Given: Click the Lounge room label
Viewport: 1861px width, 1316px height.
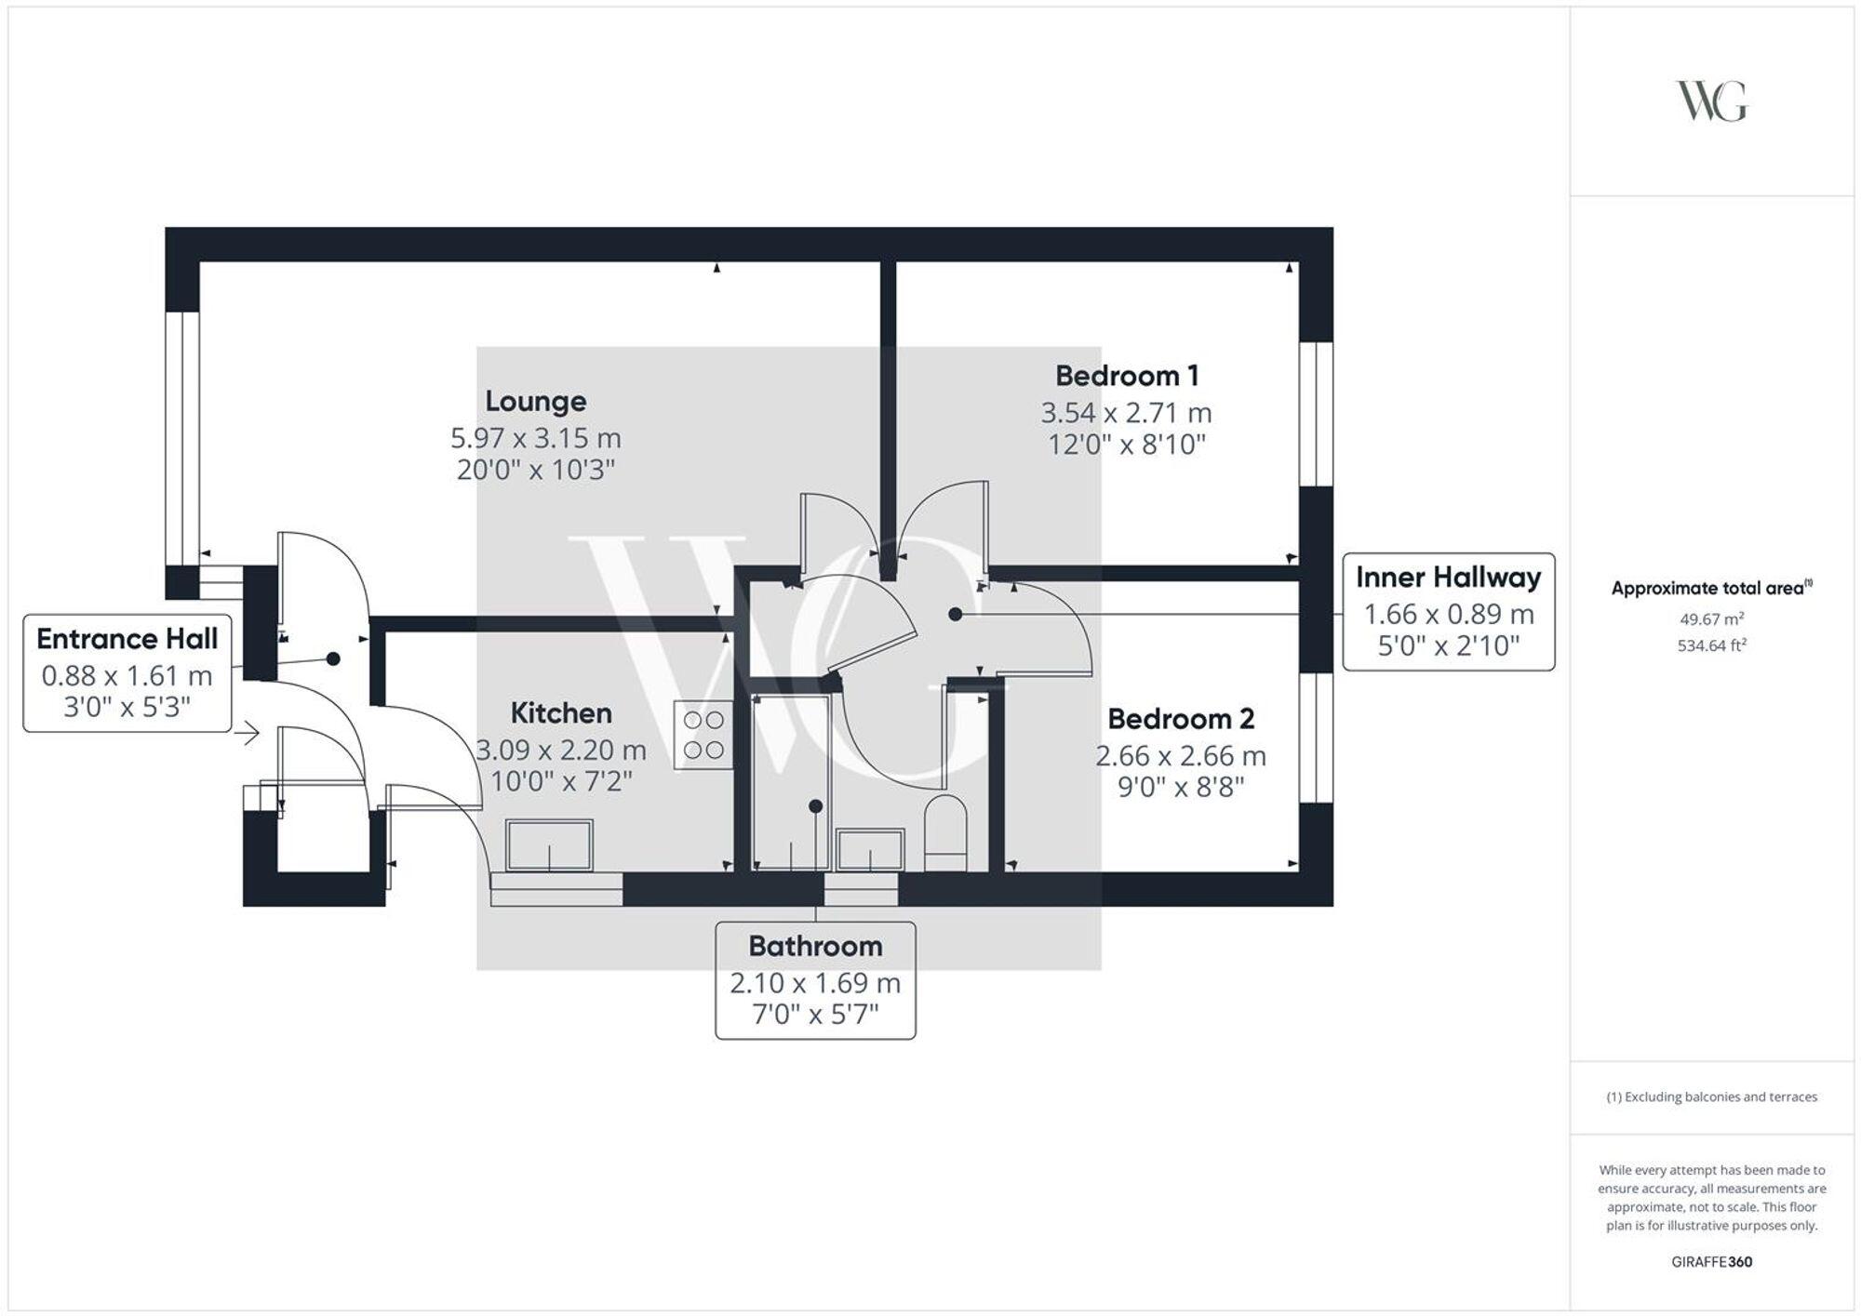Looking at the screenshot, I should coord(535,401).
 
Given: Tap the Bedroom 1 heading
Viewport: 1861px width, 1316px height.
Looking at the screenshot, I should coord(1126,376).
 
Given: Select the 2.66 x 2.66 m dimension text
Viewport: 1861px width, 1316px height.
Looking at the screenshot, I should coord(1180,755).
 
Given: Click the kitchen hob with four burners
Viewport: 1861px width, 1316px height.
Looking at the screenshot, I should coord(703,735).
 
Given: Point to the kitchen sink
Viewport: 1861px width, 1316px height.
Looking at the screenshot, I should coord(549,844).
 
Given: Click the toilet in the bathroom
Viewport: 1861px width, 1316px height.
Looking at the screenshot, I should coord(946,832).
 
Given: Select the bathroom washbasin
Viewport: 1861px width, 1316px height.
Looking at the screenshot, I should coord(870,849).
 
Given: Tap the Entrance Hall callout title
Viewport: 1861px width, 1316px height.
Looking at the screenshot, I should coord(127,639).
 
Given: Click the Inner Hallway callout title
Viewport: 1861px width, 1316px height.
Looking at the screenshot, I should coord(1448,578).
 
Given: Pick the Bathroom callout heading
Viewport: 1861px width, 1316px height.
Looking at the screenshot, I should coord(815,946).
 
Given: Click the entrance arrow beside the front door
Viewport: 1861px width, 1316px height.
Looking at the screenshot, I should coord(247,734).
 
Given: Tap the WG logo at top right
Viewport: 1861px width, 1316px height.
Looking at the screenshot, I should coord(1711,101).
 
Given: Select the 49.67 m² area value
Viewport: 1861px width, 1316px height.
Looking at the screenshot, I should coord(1711,618).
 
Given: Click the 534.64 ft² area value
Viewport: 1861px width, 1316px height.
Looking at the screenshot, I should coord(1711,645).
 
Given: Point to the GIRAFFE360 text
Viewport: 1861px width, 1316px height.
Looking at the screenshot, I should coord(1711,1262).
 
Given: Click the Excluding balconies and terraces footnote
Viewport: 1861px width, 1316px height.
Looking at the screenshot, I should coord(1711,1097).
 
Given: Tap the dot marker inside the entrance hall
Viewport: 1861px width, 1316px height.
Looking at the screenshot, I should coord(333,658).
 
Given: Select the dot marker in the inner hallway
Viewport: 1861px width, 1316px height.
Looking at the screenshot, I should coord(955,614).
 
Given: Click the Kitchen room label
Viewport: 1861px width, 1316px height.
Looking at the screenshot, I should coord(561,713).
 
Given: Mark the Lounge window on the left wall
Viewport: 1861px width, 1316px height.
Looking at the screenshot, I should coord(182,437).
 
